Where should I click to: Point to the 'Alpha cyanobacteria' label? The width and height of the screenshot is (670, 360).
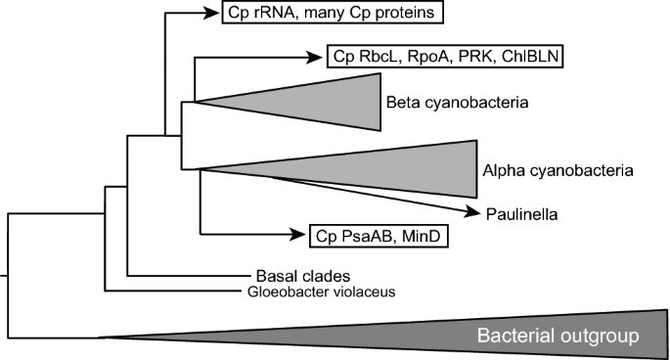559,170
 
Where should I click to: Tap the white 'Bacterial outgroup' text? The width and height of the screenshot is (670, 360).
558,337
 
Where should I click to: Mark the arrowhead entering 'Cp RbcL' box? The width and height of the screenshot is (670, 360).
315,58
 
